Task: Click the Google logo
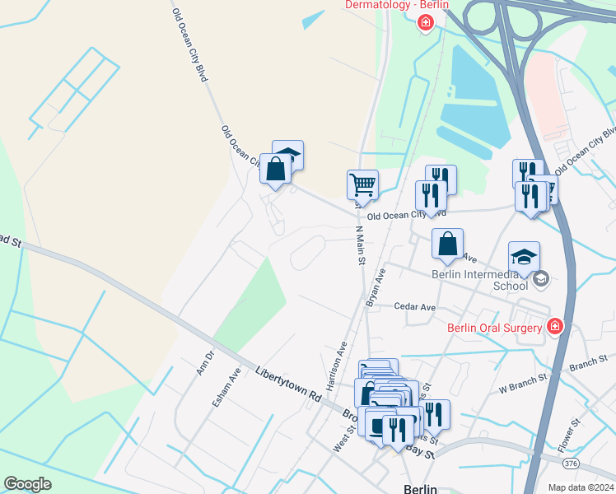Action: (27, 484)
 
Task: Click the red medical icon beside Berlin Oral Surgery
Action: (555, 328)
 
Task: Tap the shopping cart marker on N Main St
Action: (362, 185)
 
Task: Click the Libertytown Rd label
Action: (287, 384)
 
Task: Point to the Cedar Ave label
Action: (414, 307)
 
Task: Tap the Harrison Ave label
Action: (336, 366)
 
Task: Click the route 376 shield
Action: (572, 464)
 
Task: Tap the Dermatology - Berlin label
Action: (397, 5)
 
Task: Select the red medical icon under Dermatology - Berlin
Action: (425, 22)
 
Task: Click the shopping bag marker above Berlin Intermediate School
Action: (447, 245)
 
